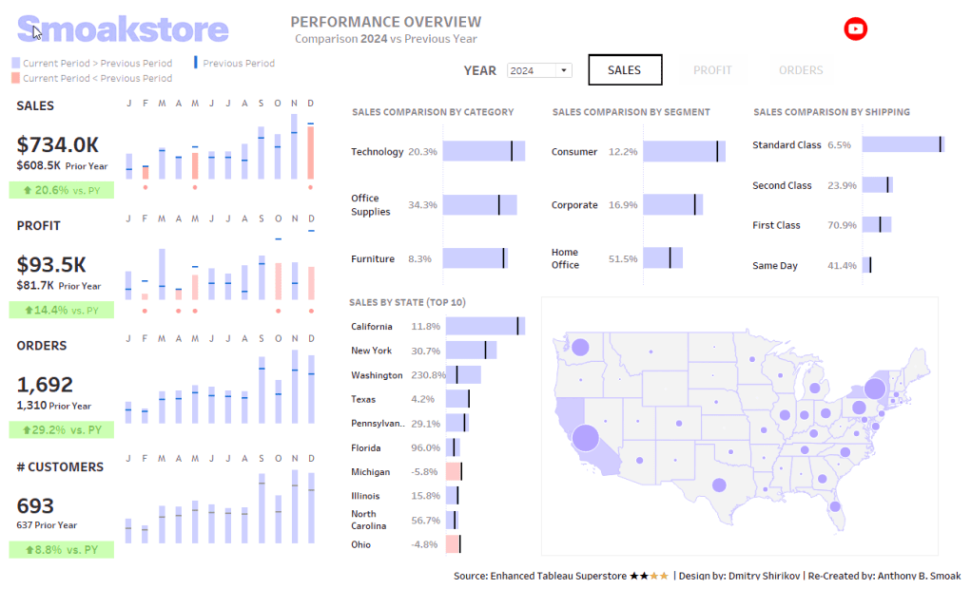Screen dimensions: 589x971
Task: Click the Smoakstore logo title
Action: click(x=123, y=29)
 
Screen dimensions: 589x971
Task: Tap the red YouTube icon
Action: click(x=856, y=29)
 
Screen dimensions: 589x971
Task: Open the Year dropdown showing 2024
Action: click(x=538, y=70)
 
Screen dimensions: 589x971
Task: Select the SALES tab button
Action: click(x=624, y=70)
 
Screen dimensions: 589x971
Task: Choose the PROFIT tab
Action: click(x=712, y=70)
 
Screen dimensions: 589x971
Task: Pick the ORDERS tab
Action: click(x=801, y=70)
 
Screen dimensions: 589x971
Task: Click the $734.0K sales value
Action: click(x=58, y=144)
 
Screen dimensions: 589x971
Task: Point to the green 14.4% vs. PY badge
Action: click(x=61, y=310)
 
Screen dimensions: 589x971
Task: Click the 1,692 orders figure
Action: click(x=45, y=385)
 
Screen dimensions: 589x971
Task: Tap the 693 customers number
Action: click(x=35, y=505)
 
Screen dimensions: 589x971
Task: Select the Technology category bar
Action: click(x=483, y=151)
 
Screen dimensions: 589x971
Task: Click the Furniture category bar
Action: click(x=475, y=258)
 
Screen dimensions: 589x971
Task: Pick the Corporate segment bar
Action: click(x=672, y=204)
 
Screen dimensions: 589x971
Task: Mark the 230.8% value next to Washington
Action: click(x=424, y=375)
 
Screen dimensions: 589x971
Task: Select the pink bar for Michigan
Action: click(x=454, y=472)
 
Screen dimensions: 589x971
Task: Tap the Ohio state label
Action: click(x=361, y=544)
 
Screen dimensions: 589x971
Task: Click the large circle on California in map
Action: click(x=585, y=438)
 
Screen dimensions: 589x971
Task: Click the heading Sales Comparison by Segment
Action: click(x=631, y=112)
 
